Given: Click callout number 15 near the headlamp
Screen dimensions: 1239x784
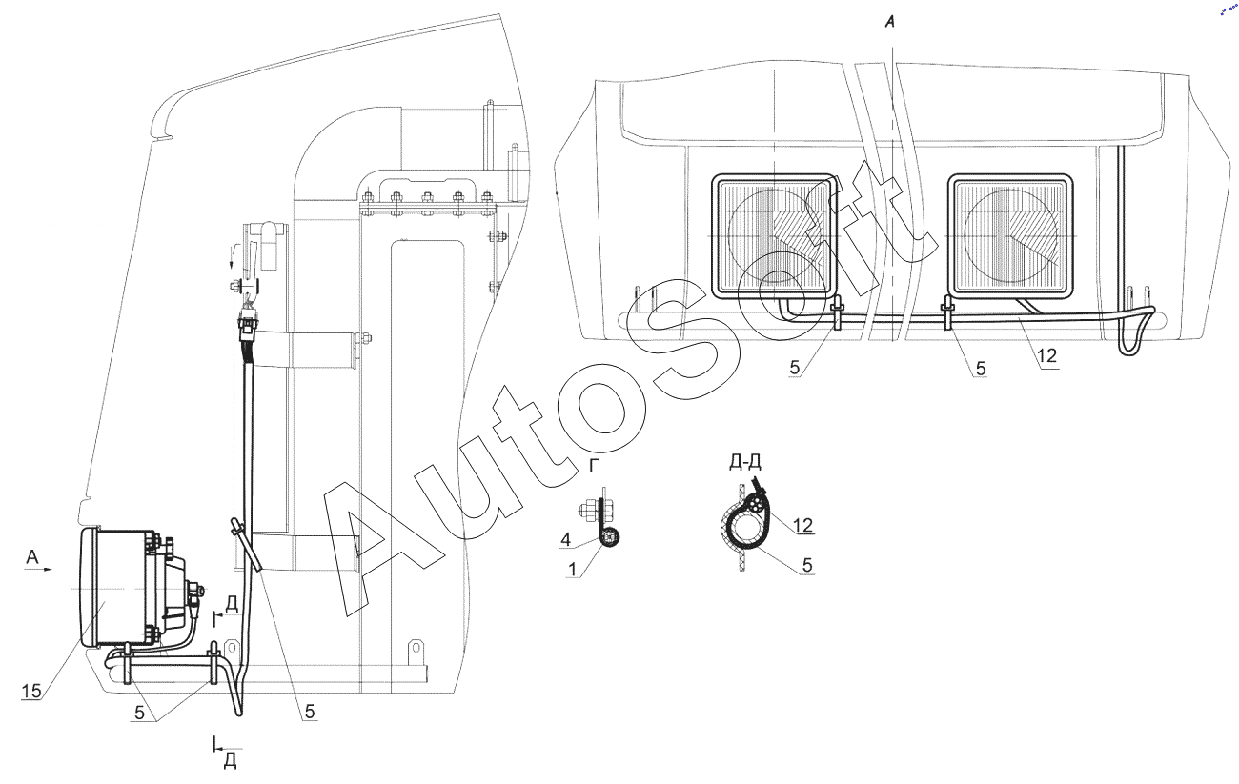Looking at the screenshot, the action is pos(31,692).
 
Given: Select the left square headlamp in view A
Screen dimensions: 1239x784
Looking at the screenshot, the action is pos(773,234).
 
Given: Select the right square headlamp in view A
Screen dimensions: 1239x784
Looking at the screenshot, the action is pos(1011,234).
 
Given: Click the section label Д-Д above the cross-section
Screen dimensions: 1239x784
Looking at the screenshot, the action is pos(744,463).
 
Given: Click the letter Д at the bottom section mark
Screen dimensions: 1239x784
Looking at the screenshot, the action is pos(230,762).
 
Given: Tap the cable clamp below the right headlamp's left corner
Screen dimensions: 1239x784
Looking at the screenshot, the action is pos(949,312).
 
